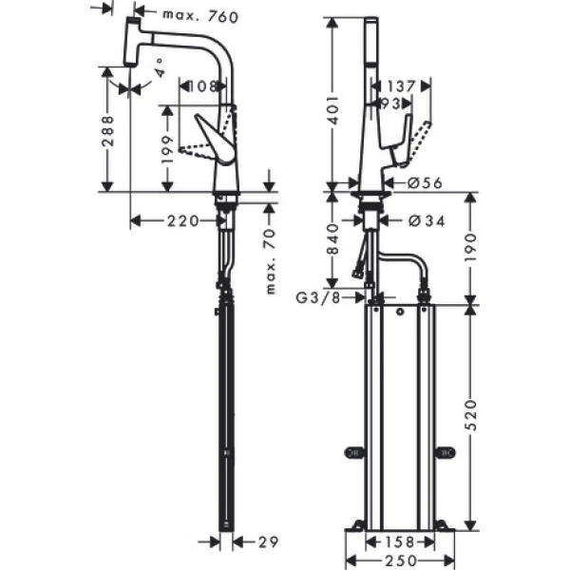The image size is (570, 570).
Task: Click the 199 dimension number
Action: pyautogui.click(x=168, y=147)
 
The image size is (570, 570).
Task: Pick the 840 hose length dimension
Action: pyautogui.click(x=332, y=241)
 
